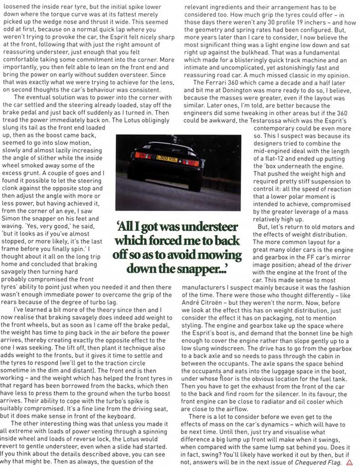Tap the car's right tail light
click(190, 162)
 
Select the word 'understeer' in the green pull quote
click(214, 227)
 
